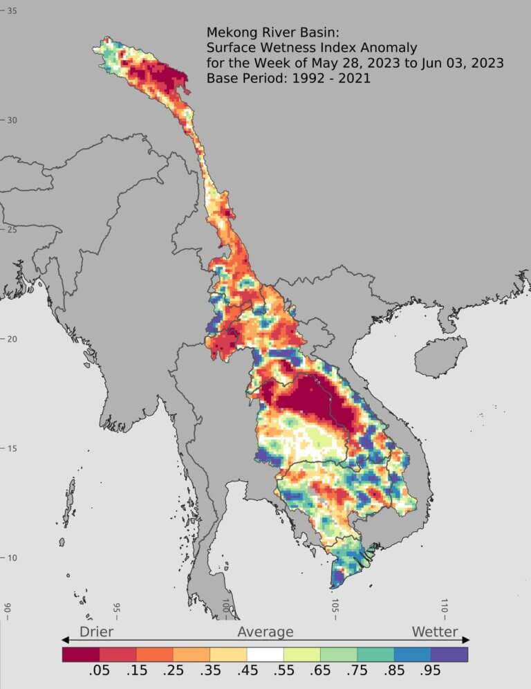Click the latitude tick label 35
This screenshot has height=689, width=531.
pyautogui.click(x=12, y=11)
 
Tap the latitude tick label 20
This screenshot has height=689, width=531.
pyautogui.click(x=12, y=339)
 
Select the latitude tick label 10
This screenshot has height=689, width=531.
pyautogui.click(x=12, y=558)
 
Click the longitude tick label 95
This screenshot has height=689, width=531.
pyautogui.click(x=116, y=608)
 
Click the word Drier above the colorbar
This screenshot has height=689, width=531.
pyautogui.click(x=96, y=632)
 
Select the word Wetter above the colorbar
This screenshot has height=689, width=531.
pyautogui.click(x=435, y=632)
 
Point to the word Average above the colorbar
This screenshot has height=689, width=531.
pyautogui.click(x=265, y=632)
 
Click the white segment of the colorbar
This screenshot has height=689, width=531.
pyautogui.click(x=265, y=654)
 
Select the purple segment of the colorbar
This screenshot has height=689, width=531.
pyautogui.click(x=449, y=654)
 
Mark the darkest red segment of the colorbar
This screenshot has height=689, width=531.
pyautogui.click(x=80, y=654)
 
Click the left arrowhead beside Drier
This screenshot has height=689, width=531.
pyautogui.click(x=66, y=640)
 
